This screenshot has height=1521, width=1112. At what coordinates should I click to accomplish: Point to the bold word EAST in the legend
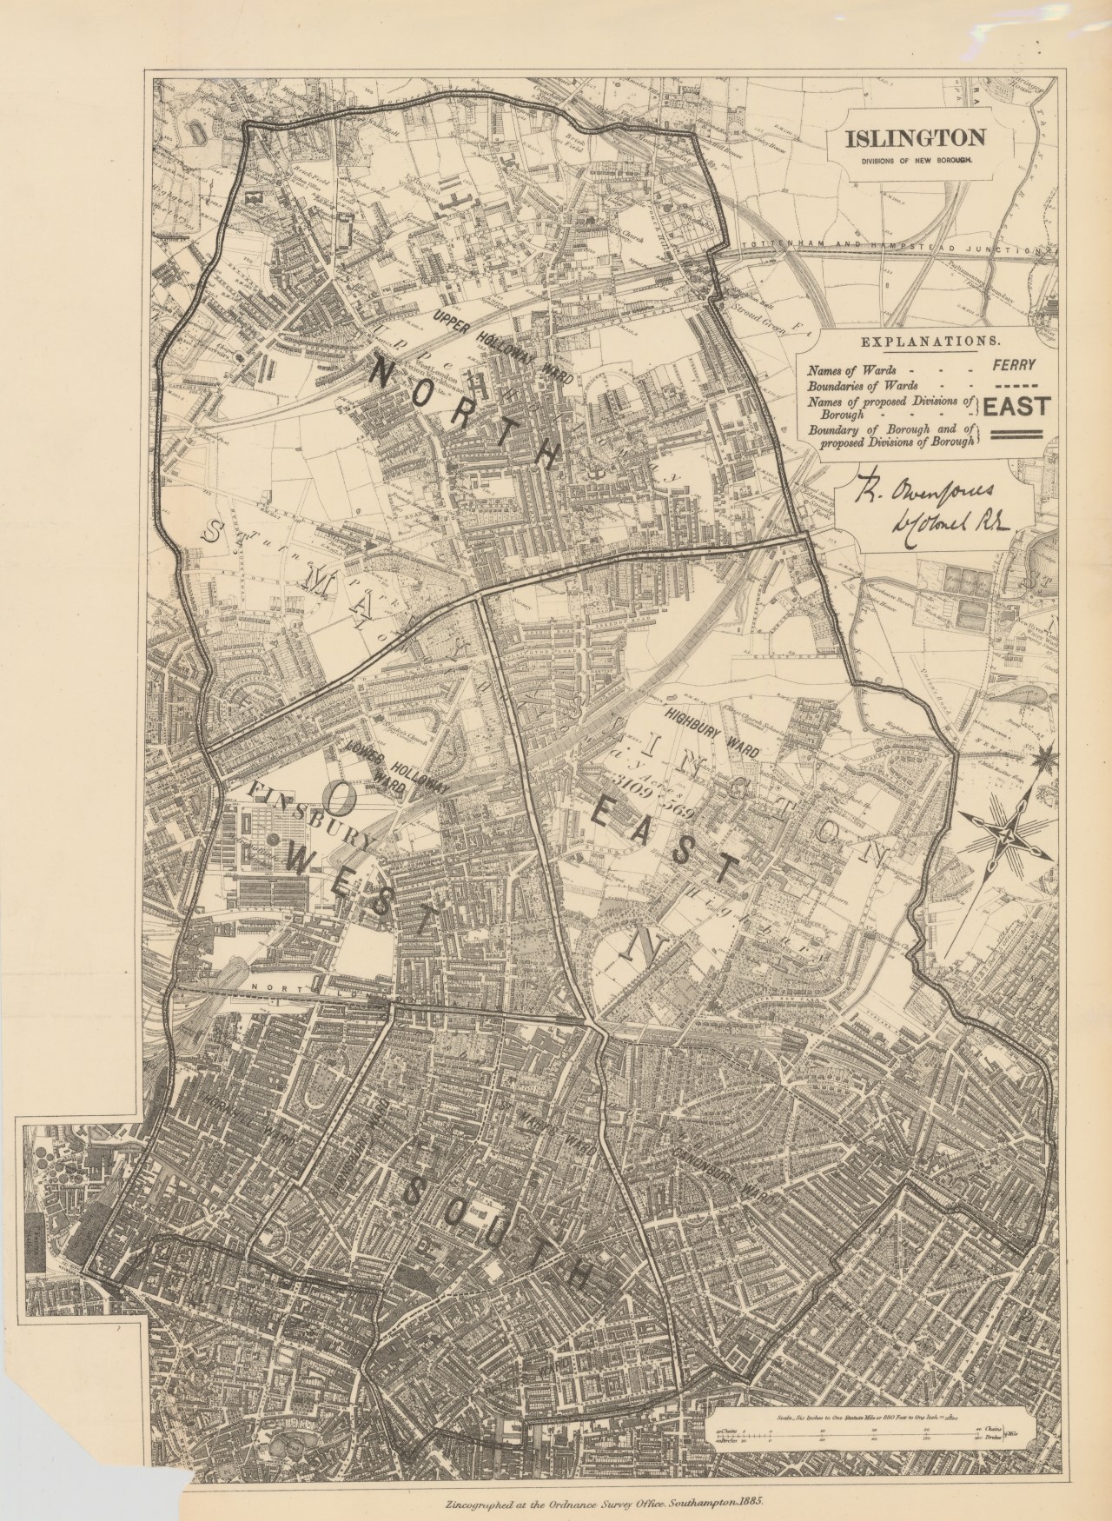[x=1016, y=405]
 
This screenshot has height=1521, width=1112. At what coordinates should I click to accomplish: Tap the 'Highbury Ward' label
[x=712, y=729]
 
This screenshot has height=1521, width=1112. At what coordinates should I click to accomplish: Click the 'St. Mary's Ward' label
[x=537, y=1131]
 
